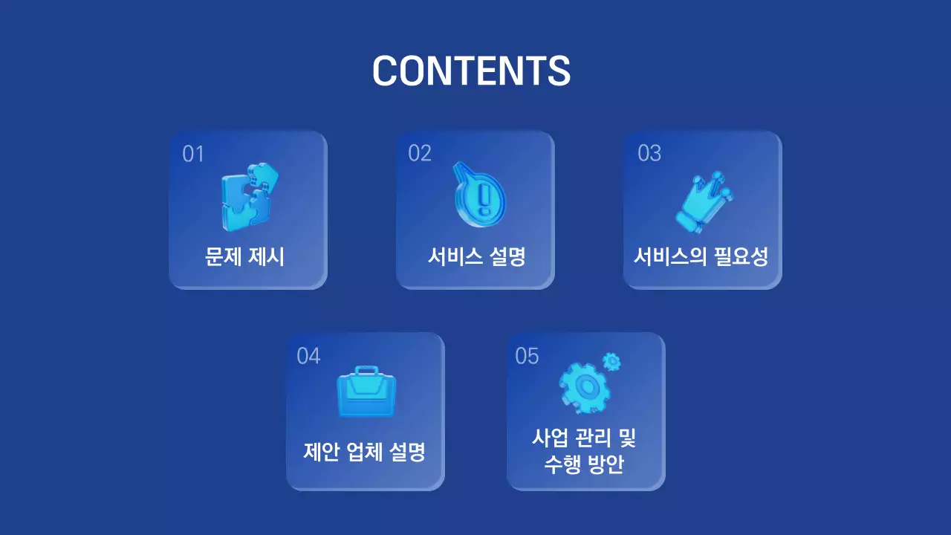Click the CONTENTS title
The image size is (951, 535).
(x=471, y=71)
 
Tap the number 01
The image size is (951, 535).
(x=192, y=154)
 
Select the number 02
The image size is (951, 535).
(x=420, y=153)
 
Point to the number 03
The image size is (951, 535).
(x=649, y=153)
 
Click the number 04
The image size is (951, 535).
(x=308, y=356)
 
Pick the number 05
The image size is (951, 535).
(x=527, y=356)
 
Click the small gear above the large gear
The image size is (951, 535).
(x=611, y=362)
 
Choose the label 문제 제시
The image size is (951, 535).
(x=244, y=257)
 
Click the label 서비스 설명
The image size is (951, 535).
(x=476, y=257)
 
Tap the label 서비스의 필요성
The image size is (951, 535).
(x=701, y=257)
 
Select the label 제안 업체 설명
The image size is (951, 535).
(x=364, y=452)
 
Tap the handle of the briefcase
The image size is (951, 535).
(x=366, y=370)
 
